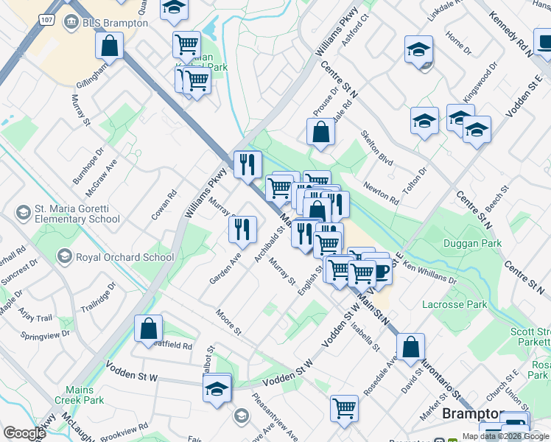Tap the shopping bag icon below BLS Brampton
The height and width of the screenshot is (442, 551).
(x=109, y=46)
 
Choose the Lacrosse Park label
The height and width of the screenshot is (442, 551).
(x=455, y=304)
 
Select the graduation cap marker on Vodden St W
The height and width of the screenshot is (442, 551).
(x=217, y=388)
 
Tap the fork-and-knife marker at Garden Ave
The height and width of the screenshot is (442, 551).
(x=242, y=230)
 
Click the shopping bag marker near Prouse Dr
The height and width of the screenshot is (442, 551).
(x=321, y=133)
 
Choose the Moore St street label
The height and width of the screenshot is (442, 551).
(x=228, y=322)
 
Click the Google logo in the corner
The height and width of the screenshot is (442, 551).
(x=24, y=433)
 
